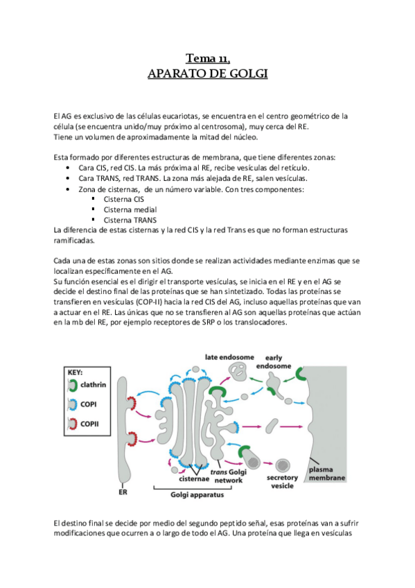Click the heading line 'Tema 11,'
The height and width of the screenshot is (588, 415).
pyautogui.click(x=208, y=58)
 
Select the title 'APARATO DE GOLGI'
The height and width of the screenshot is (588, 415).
pyautogui.click(x=208, y=73)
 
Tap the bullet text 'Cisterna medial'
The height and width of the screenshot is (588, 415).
pyautogui.click(x=130, y=209)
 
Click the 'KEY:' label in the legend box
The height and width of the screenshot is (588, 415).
pyautogui.click(x=76, y=372)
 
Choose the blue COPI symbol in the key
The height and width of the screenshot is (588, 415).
pyautogui.click(x=72, y=405)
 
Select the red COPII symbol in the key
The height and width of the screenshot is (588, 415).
pyautogui.click(x=72, y=424)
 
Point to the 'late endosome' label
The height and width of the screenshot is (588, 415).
pyautogui.click(x=229, y=357)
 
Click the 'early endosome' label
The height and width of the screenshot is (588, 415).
pyautogui.click(x=274, y=362)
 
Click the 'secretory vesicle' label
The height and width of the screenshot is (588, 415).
pyautogui.click(x=282, y=481)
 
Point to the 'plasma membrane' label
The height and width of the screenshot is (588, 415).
pyautogui.click(x=326, y=474)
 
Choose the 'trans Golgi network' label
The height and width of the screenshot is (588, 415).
pyautogui.click(x=229, y=476)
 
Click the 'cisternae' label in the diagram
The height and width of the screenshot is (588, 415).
pyautogui.click(x=193, y=479)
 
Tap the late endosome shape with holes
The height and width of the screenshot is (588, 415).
pyautogui.click(x=238, y=372)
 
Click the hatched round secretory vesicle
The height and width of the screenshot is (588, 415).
pyautogui.click(x=283, y=465)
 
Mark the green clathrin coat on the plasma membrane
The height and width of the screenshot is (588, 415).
pyautogui.click(x=300, y=374)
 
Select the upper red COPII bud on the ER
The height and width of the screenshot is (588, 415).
pyautogui.click(x=132, y=404)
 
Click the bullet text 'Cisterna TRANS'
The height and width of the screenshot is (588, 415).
pyautogui.click(x=130, y=220)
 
